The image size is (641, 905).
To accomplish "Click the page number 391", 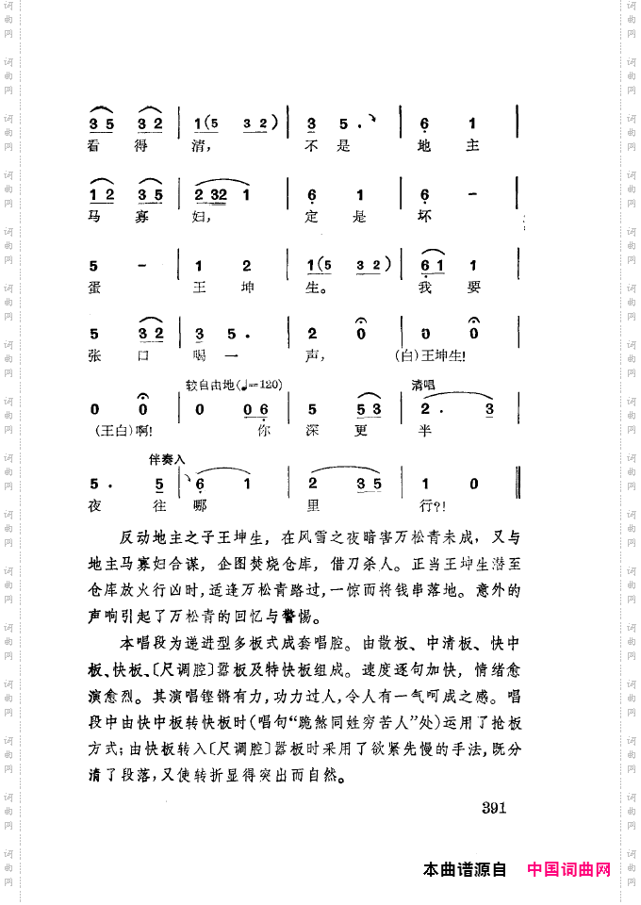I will point(494,807).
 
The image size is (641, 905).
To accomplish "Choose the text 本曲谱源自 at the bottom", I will point(466,869).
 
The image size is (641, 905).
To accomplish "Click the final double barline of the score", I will point(519,483).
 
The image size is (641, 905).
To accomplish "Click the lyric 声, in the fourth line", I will point(316,355).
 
